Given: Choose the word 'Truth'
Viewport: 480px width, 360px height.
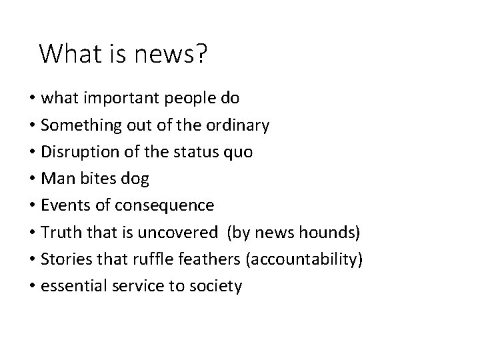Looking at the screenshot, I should pos(59,232).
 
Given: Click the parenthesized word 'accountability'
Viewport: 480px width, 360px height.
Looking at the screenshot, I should pos(305,259).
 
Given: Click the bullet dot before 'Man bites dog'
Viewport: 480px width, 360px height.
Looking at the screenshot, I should pos(31,179).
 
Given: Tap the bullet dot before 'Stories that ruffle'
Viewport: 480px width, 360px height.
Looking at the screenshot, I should pos(31,259).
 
